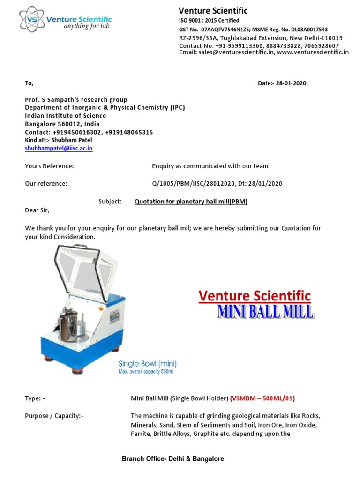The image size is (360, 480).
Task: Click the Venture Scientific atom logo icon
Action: [31, 19]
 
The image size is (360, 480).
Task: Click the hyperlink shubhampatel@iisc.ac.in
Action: [59, 148]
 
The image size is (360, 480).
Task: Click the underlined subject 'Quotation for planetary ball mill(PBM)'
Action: [191, 202]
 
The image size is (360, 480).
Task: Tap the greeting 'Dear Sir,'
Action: [37, 210]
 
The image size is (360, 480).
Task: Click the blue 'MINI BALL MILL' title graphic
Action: [265, 312]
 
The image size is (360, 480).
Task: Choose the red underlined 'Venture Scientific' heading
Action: [255, 296]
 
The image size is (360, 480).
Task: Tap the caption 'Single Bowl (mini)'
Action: [148, 363]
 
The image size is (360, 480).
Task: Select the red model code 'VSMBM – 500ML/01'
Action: [262, 398]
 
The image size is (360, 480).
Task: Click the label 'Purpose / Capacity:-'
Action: [54, 416]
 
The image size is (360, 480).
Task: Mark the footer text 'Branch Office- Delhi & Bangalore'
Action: [173, 459]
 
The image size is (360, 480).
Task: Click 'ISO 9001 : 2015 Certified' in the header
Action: [209, 21]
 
